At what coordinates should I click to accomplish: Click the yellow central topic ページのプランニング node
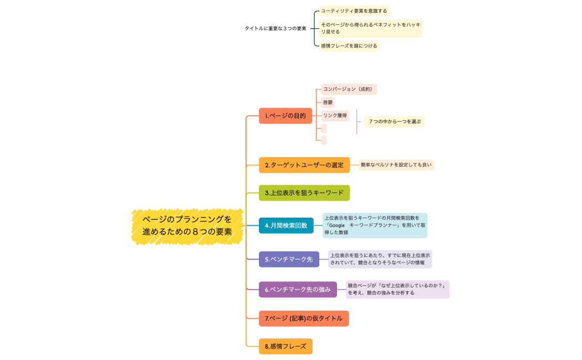187,226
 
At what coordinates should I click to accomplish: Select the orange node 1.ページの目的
285,116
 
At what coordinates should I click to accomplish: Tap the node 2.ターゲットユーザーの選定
304,165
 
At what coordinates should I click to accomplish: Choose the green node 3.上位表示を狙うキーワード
304,193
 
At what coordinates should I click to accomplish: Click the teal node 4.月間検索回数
286,225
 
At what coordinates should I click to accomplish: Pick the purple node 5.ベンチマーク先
289,259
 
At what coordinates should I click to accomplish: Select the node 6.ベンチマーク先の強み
298,289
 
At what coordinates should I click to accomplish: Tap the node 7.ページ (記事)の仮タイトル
304,318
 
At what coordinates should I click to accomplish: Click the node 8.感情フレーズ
285,346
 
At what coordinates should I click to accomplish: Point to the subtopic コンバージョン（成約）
349,89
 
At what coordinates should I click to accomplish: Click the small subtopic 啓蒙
328,102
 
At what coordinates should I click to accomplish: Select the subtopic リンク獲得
335,116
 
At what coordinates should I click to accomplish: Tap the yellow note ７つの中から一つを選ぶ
395,121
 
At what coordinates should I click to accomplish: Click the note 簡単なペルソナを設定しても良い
396,164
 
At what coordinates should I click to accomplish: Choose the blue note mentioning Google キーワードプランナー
375,225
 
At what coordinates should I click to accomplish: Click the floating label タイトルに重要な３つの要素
275,28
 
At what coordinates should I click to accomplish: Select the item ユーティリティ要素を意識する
354,11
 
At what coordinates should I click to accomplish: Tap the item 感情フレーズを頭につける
349,46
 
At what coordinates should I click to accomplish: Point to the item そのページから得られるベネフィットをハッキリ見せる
370,28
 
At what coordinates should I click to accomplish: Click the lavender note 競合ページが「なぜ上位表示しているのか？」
397,289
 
